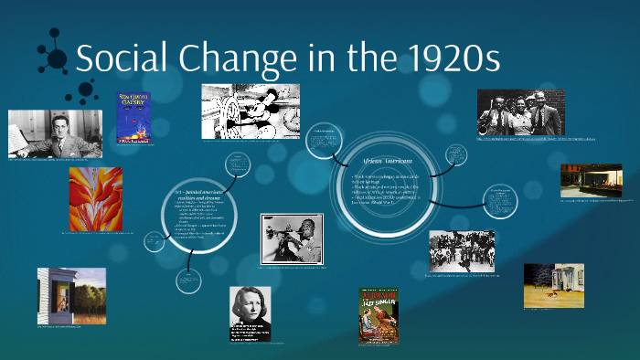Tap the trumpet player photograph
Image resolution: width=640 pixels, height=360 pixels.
click(292, 238)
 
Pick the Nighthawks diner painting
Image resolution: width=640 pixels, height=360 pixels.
click(591, 181)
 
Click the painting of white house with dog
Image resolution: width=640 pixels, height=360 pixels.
click(553, 285)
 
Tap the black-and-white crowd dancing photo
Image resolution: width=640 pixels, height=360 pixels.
click(463, 250)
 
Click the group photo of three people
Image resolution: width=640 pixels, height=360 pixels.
click(519, 112)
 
